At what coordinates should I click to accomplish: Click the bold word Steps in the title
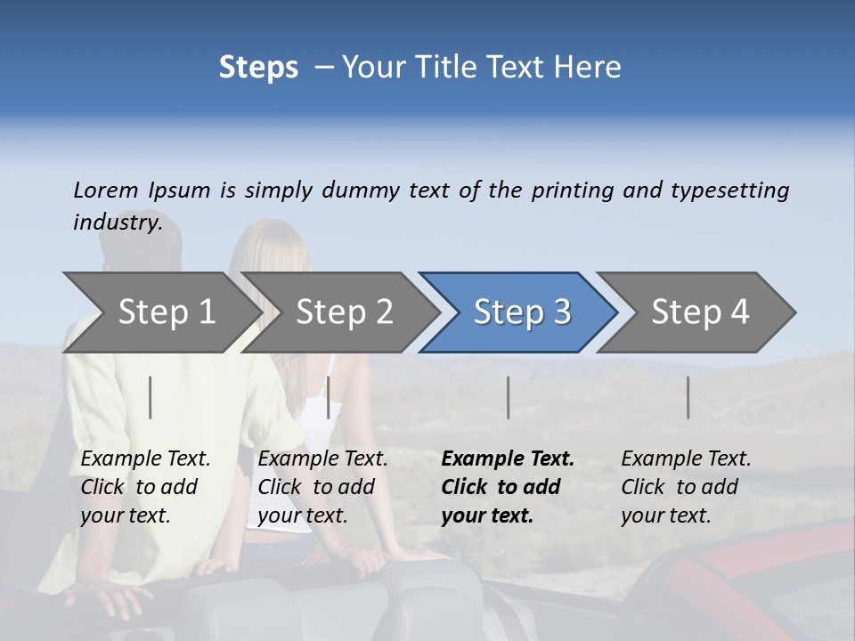[258, 68]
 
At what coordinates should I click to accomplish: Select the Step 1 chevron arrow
[166, 312]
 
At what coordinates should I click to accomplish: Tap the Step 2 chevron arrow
[344, 312]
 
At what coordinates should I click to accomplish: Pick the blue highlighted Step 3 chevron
[522, 312]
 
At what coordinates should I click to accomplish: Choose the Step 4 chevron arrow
[700, 312]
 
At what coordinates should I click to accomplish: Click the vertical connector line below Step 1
[151, 397]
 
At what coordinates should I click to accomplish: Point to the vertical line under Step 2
[329, 397]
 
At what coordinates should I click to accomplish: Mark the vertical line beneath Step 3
[508, 397]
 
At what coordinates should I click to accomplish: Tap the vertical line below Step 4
[688, 397]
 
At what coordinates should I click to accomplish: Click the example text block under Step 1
[145, 487]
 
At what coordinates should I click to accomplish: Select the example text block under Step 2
[322, 487]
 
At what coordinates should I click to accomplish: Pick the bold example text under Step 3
[508, 487]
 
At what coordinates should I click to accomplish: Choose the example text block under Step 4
[686, 487]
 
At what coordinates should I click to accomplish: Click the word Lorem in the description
[106, 191]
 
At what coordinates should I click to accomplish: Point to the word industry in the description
[118, 223]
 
